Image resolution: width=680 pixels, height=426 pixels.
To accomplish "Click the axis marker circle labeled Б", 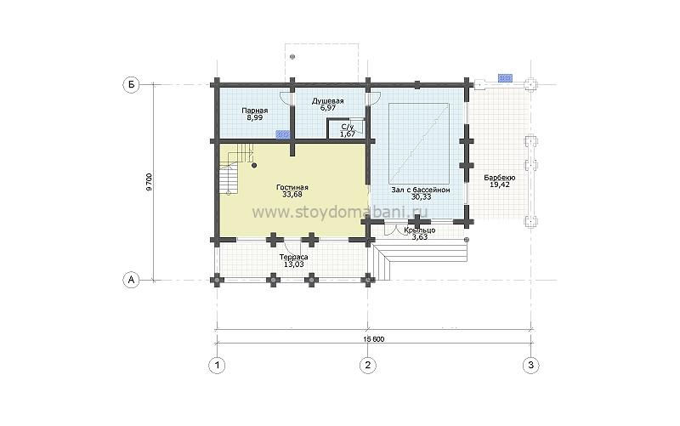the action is coord(131,85).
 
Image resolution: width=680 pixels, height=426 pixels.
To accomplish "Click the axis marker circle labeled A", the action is coord(131,280).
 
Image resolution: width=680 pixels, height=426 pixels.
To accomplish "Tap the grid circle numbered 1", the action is coord(217,366).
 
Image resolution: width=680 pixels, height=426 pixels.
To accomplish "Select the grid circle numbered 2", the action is coord(368,366).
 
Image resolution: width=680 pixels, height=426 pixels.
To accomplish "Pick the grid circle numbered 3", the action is coord(530,366).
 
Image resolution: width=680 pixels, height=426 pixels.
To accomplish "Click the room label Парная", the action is coord(254,111).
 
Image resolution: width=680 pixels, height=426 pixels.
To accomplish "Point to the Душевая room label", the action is coord(327,101).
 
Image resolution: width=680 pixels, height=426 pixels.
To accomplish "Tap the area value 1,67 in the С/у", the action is coord(348,134).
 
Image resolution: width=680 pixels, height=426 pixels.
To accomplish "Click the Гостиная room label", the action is coord(292,187).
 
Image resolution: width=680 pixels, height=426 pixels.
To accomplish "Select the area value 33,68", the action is coord(292,195).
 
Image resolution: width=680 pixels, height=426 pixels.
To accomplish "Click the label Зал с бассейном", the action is coord(420,190).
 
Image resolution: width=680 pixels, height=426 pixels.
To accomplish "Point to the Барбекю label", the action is coord(500,178).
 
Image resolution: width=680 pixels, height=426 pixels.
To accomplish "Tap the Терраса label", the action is coord(293,257).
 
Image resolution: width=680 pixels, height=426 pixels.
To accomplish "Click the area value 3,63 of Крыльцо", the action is coord(419,237).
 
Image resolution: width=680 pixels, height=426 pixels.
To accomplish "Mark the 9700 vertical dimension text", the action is coord(150,182).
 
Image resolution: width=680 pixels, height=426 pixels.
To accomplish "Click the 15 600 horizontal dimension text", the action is coord(371,339).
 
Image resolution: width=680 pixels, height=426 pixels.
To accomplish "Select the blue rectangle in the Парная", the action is coord(283,134).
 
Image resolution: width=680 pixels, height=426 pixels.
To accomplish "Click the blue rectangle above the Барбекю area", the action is coord(505,78).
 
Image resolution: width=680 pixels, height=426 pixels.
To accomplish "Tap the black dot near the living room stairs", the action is coord(254,165).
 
